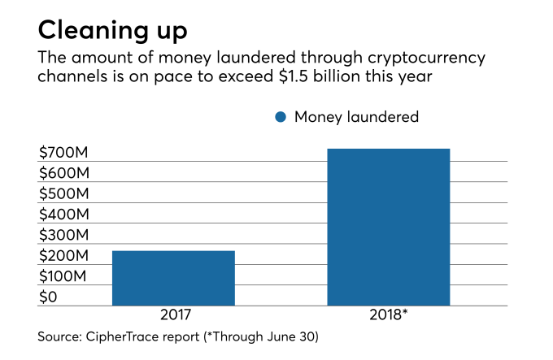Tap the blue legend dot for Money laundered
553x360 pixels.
[281, 117]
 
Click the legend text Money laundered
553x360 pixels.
[356, 117]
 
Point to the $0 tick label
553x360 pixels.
[50, 297]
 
